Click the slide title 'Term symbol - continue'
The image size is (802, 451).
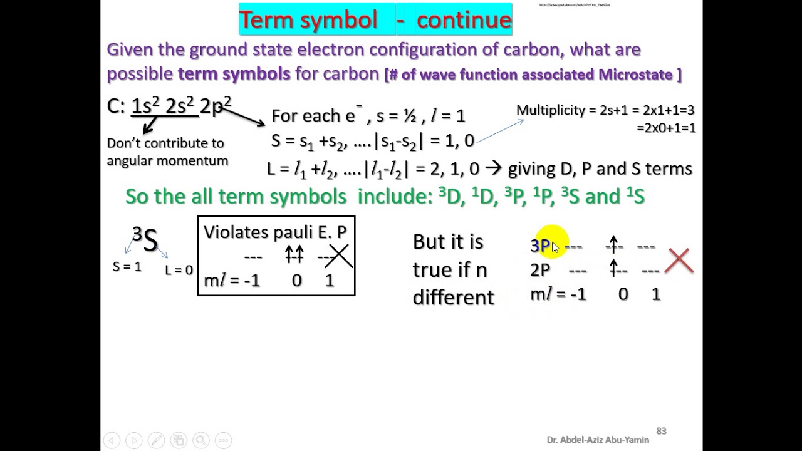click(375, 20)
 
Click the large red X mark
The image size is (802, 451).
click(680, 261)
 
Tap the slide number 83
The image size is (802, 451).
click(661, 431)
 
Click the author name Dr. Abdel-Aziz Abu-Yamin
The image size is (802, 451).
click(598, 440)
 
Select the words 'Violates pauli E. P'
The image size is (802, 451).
click(275, 232)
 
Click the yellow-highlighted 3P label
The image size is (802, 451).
click(540, 246)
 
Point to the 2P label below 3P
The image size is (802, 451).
click(540, 270)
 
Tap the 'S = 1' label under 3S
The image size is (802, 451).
click(127, 267)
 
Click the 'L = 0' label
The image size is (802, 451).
click(179, 271)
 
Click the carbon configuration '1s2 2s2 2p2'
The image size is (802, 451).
click(181, 105)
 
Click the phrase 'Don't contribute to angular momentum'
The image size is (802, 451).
click(167, 152)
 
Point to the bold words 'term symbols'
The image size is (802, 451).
click(234, 74)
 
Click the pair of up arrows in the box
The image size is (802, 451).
click(294, 254)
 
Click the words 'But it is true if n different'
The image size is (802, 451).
click(453, 269)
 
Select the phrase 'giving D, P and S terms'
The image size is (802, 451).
click(600, 168)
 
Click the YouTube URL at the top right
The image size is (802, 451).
click(574, 5)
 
